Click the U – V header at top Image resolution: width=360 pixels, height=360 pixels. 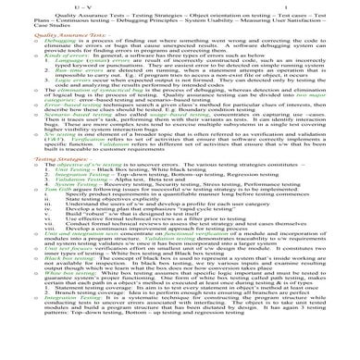pos(173,6)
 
